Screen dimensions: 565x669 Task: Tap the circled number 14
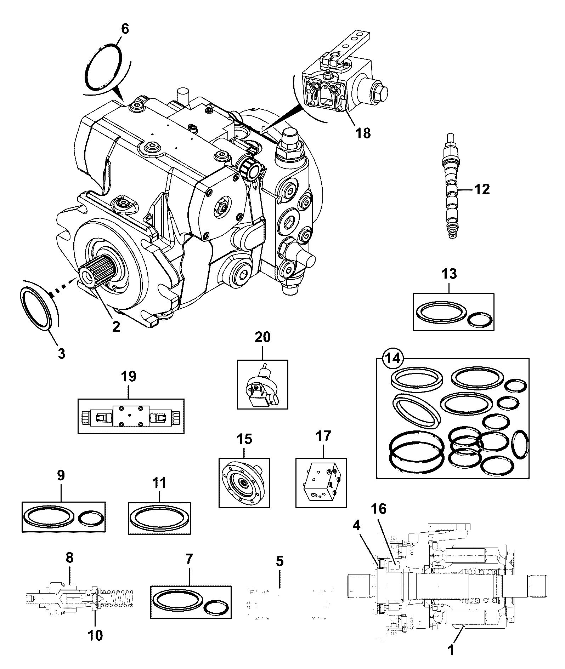pos(393,359)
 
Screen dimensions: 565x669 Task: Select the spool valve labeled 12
pos(451,187)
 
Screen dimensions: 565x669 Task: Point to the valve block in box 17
pos(321,482)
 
